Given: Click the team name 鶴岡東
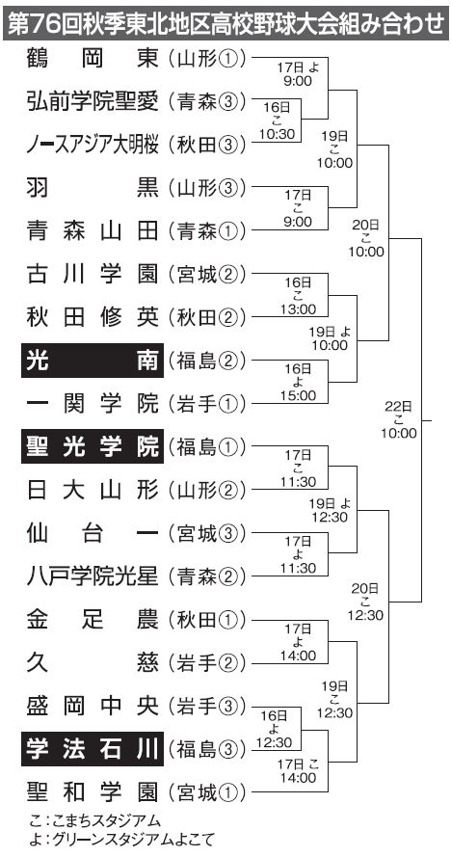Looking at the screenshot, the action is tap(93, 59).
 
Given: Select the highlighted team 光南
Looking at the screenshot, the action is tap(93, 361).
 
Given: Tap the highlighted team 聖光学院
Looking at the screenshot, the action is tap(93, 446).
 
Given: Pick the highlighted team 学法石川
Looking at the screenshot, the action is tap(93, 749).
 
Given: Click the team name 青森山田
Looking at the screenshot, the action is tap(93, 231).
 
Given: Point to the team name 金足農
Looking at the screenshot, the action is tap(93, 620).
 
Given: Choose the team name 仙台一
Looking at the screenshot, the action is tap(93, 533).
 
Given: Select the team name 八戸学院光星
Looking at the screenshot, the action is tap(93, 576).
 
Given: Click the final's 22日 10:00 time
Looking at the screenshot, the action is tap(399, 419).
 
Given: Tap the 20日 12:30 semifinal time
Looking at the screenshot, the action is tap(365, 602).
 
